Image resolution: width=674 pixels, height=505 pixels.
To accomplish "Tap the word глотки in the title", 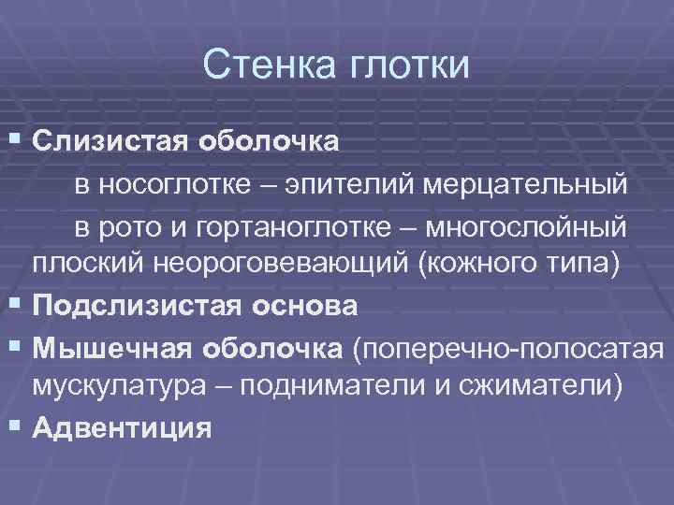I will tap(409, 65).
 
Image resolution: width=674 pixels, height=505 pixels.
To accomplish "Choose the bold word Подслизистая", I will tap(134, 306).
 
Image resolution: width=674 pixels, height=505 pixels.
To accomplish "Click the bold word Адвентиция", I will tap(122, 427).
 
